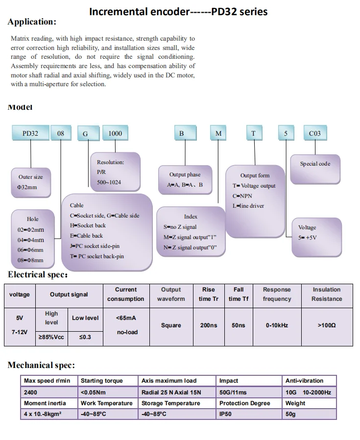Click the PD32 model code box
click(x=30, y=133)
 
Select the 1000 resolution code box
click(x=115, y=133)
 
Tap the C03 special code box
click(x=315, y=133)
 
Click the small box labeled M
click(x=218, y=133)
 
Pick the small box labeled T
click(x=253, y=133)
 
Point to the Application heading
click(x=32, y=22)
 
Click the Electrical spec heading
click(x=38, y=274)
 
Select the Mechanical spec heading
click(x=41, y=365)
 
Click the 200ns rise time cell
click(x=209, y=325)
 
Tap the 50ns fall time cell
click(x=238, y=325)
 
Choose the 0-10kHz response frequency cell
click(x=277, y=325)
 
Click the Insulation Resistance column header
click(x=326, y=294)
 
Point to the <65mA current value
click(x=126, y=318)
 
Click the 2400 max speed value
click(x=30, y=392)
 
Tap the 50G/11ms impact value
click(x=233, y=392)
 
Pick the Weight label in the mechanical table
click(x=295, y=403)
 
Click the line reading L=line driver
click(x=248, y=206)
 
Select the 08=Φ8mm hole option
click(x=30, y=261)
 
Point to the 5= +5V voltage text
click(x=308, y=238)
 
